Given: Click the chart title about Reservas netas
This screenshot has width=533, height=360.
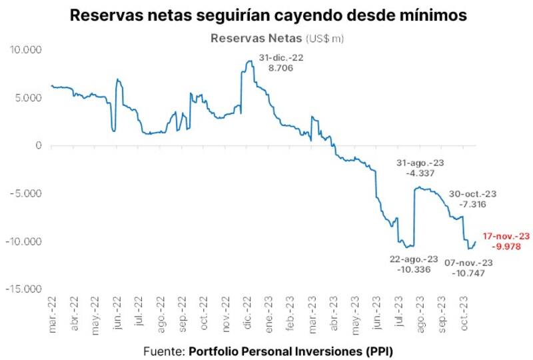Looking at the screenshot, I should [266, 15].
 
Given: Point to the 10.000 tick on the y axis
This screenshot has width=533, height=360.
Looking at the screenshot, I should [26, 49].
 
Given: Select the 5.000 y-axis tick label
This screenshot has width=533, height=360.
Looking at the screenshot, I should [29, 97].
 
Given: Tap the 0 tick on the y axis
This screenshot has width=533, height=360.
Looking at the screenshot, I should [39, 145].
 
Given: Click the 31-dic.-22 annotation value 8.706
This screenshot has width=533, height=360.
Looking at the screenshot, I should [280, 68].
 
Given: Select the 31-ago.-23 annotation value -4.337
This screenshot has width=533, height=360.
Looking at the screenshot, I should [420, 173].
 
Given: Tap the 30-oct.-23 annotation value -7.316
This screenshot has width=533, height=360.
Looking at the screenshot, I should [473, 204].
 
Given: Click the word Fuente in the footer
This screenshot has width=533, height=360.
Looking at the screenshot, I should [163, 349].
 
